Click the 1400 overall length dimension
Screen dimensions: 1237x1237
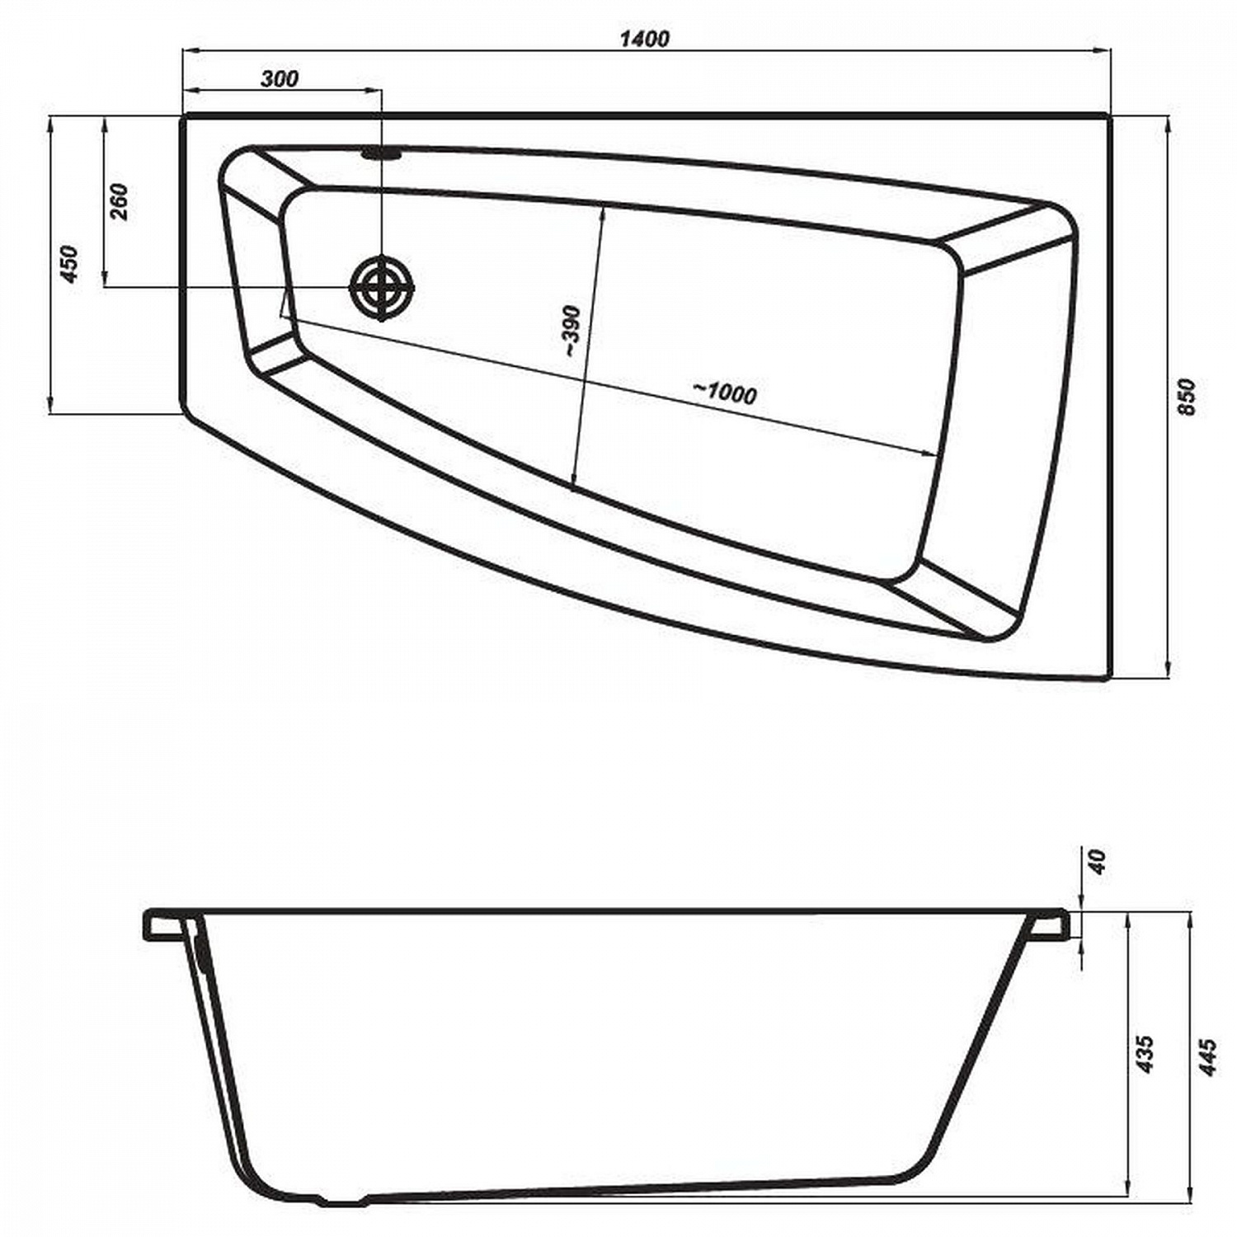click(645, 38)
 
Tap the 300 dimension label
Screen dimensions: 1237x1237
click(280, 78)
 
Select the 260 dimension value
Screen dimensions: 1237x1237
click(119, 201)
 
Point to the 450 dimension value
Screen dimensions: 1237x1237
click(69, 264)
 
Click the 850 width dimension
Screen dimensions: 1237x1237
click(1185, 397)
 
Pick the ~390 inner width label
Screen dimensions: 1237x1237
click(572, 332)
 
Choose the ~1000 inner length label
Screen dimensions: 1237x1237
click(724, 393)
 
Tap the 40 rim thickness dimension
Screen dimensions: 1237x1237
click(1096, 861)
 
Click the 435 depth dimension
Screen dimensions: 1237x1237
click(1144, 1054)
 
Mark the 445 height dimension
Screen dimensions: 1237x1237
click(1206, 1056)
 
